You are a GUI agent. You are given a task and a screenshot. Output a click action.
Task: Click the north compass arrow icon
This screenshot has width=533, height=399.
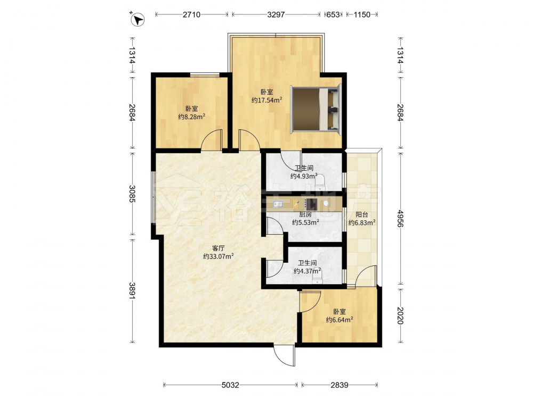(138, 19)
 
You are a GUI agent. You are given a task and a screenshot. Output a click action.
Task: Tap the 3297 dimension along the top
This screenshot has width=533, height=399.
(276, 14)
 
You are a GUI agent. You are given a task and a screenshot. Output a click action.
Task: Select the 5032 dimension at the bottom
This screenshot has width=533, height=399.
(230, 385)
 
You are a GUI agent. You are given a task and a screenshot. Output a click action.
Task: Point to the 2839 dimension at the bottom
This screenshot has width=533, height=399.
(339, 385)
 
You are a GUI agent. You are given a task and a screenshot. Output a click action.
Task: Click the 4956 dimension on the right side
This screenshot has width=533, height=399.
(400, 219)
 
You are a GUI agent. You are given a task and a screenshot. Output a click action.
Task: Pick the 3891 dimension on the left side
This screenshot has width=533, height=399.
(132, 291)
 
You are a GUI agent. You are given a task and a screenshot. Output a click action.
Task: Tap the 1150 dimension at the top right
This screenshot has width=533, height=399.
(362, 14)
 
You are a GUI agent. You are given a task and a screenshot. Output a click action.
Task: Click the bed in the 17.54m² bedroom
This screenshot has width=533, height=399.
(316, 109)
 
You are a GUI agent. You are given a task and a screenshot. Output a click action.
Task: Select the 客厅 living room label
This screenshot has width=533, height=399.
(218, 248)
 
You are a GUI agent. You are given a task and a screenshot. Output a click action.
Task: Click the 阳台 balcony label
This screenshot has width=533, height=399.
(362, 214)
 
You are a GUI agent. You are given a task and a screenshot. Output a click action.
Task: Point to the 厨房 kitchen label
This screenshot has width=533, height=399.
(305, 214)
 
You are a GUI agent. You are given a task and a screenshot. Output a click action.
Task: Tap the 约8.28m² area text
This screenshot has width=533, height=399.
(192, 117)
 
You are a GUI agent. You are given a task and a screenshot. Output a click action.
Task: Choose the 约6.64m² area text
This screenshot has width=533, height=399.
(339, 320)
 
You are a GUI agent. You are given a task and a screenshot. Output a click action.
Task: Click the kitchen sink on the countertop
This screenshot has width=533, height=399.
(278, 204)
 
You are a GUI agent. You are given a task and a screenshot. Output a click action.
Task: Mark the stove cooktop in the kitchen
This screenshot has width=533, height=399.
(311, 204)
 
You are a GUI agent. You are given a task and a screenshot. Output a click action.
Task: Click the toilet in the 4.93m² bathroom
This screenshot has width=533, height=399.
(320, 182)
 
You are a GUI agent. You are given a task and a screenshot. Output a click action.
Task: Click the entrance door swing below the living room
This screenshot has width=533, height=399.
(285, 355)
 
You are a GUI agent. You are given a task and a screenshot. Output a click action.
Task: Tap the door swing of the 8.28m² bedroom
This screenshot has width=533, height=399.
(212, 140)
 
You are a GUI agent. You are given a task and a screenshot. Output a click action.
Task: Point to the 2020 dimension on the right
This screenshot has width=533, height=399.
(400, 315)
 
